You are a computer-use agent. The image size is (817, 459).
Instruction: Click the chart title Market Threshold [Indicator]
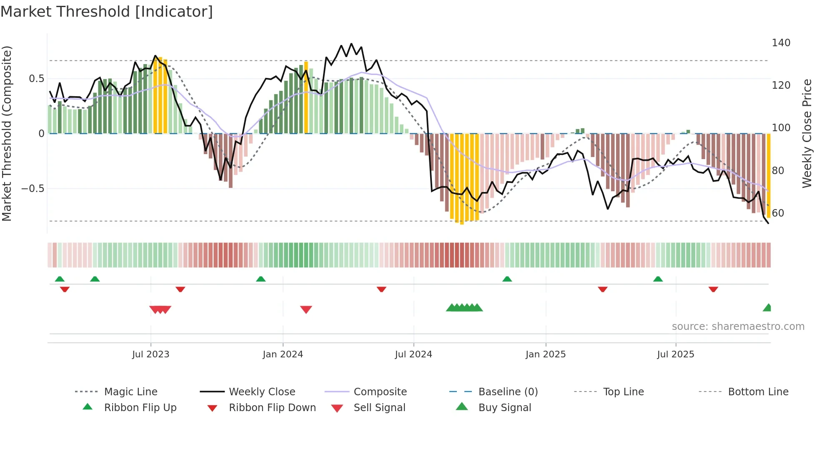pos(107,12)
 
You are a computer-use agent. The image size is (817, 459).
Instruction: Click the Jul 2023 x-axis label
pos(150,354)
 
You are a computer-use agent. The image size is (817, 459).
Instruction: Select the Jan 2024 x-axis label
pos(283,354)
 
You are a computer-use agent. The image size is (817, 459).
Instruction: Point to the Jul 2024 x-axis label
pos(413,354)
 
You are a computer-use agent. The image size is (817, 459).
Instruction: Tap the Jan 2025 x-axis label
pos(545,354)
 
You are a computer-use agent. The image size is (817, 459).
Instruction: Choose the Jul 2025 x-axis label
pos(675,354)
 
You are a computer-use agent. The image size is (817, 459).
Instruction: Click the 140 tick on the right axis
pos(781,43)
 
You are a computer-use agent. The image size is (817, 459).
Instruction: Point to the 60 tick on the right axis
pos(778,213)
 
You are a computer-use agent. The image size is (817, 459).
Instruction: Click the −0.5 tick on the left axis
pos(33,189)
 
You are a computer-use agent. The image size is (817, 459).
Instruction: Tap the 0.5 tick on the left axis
pos(36,79)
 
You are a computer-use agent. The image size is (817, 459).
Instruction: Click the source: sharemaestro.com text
pos(738,327)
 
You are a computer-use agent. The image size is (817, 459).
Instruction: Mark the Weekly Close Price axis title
pos(807,133)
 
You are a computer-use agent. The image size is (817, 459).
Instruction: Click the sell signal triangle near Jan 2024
pos(306,309)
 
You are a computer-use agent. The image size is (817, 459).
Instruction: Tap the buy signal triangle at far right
pos(767,308)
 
